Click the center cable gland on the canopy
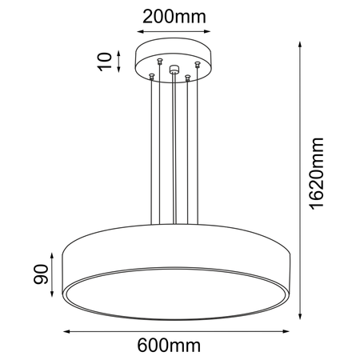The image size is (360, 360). (172, 69)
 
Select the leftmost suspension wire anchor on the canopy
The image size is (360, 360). (150, 74)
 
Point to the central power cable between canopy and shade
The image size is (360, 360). (172, 144)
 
